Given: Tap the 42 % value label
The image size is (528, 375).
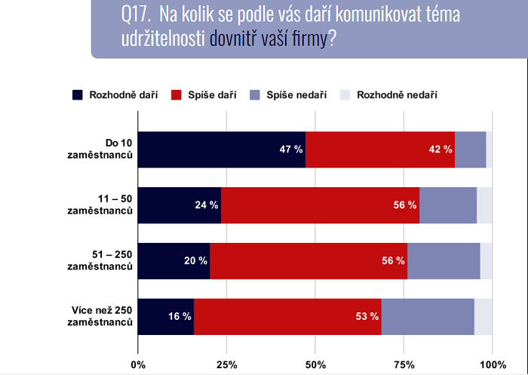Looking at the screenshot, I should tap(439, 149).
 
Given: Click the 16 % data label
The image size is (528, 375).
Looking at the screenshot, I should tap(179, 317).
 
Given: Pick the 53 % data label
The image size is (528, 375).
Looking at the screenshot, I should tap(366, 317).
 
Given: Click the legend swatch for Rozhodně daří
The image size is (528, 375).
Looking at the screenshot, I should tap(78, 95).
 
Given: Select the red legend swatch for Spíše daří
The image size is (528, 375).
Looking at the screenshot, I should tap(177, 95).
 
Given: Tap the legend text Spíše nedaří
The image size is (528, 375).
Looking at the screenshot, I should tap(296, 95).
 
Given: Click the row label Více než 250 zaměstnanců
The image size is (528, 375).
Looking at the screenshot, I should tap(98, 317).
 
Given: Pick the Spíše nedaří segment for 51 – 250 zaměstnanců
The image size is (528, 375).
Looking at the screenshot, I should tap(444, 261).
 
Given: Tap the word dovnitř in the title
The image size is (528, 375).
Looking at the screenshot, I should tap(234, 38).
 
